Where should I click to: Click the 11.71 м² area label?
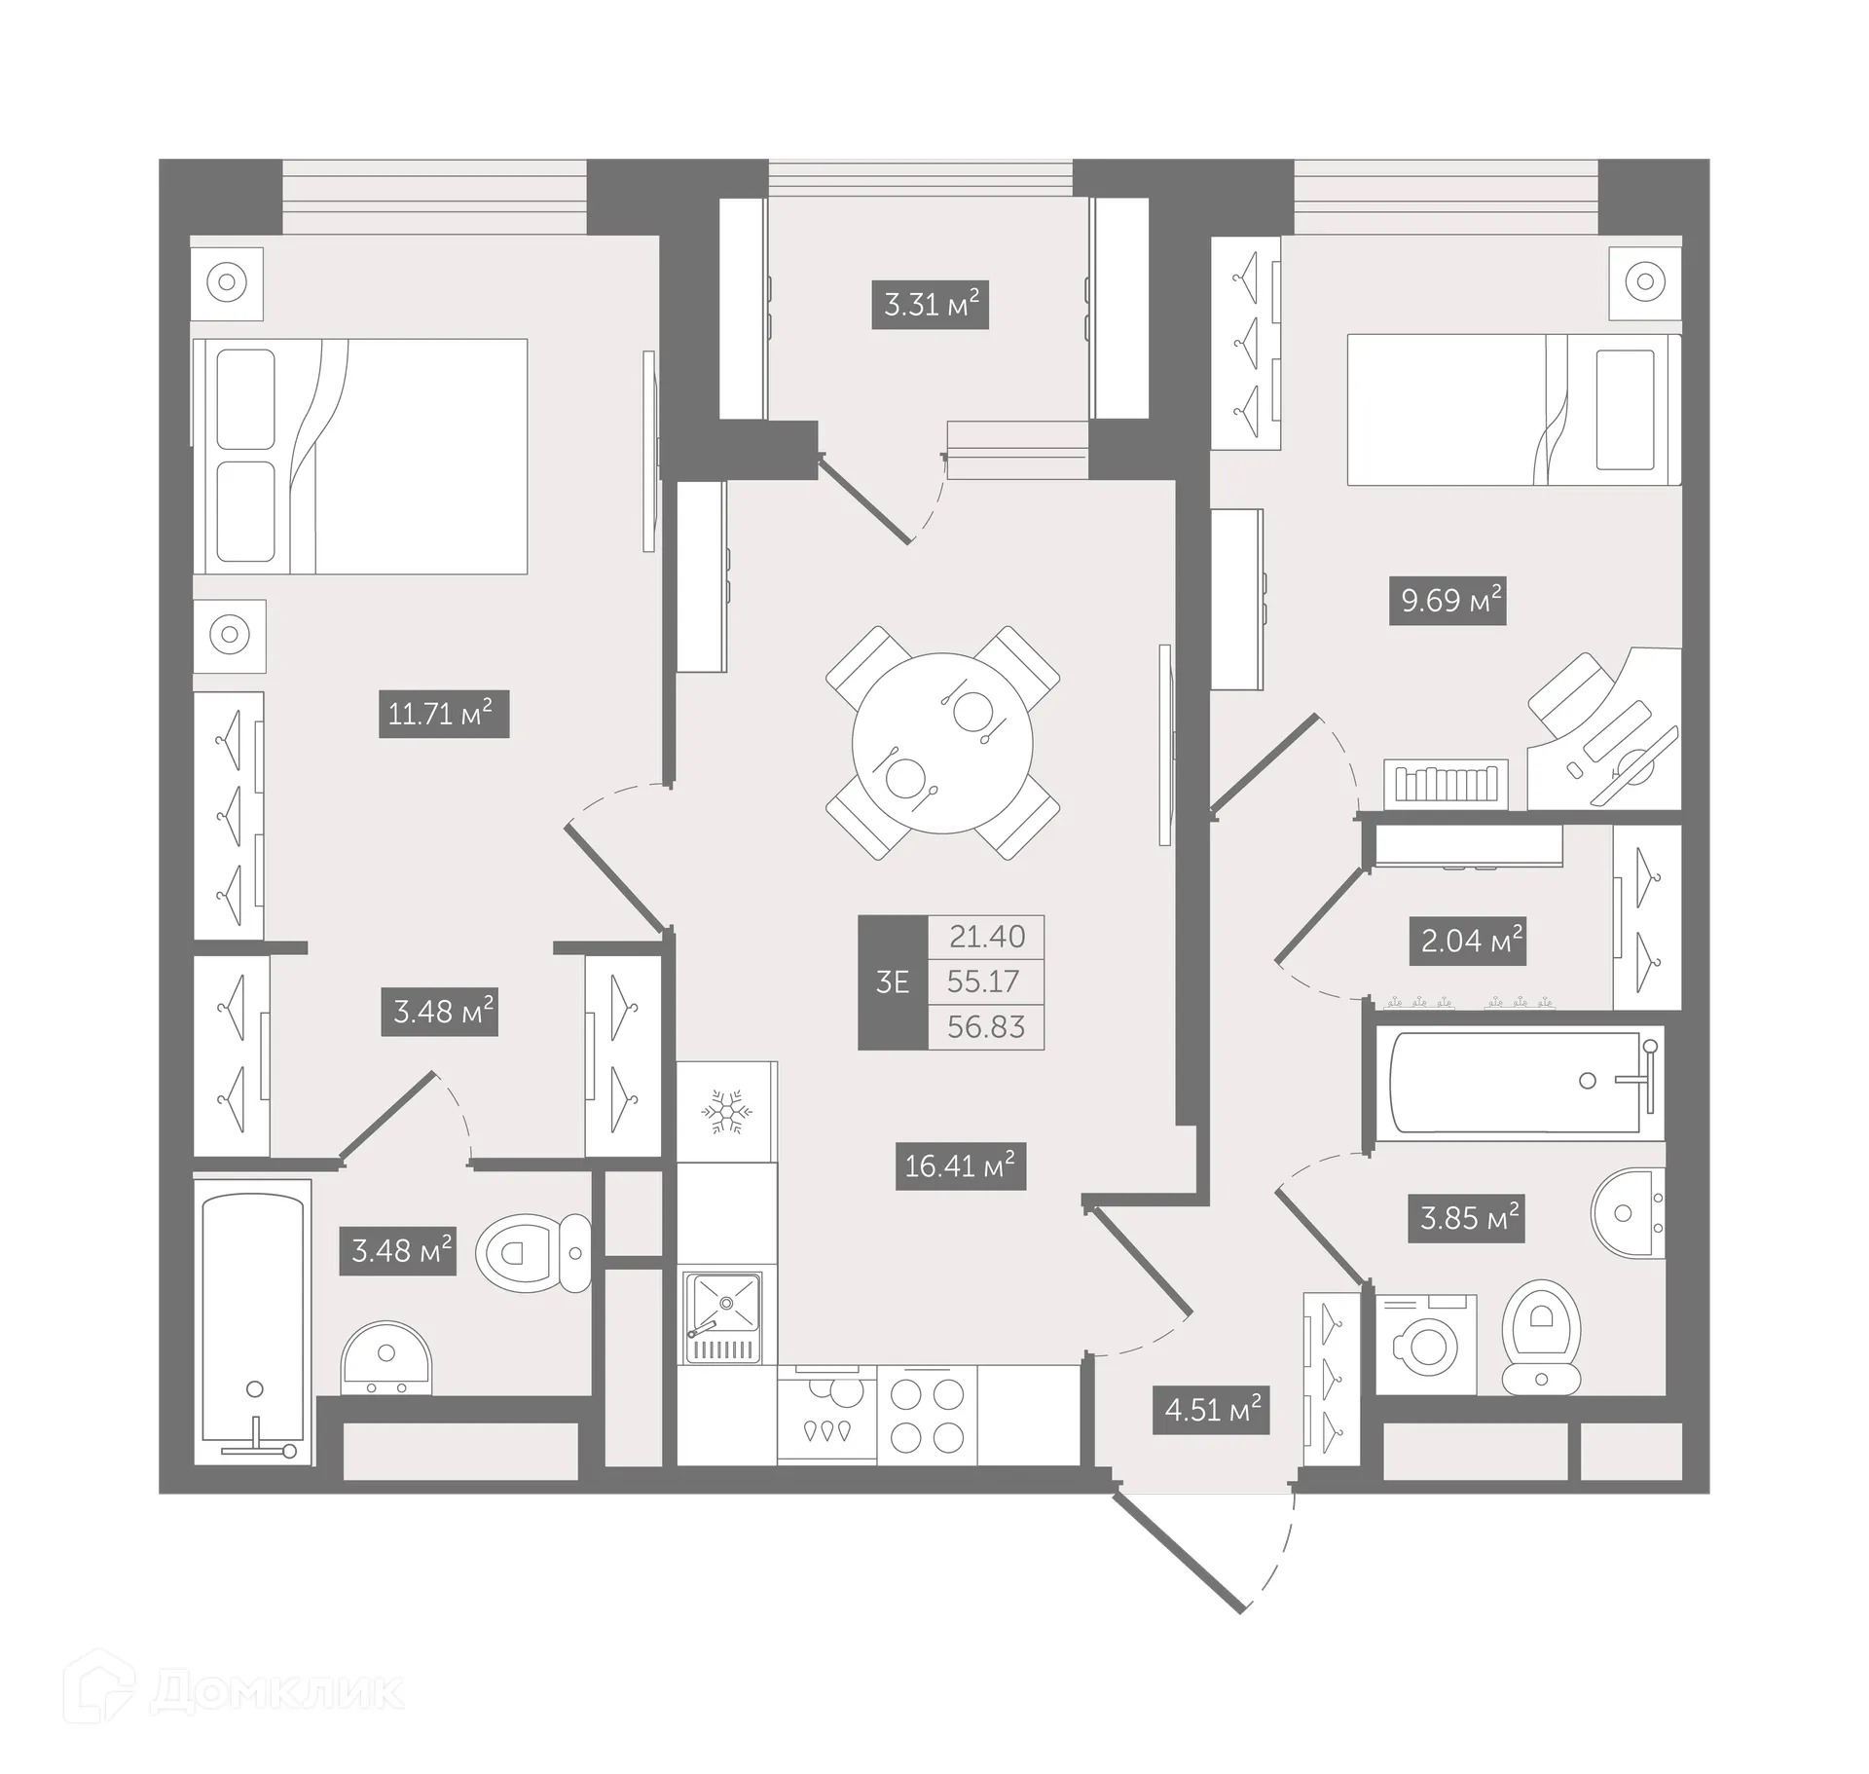click(443, 714)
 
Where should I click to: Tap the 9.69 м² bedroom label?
click(1448, 600)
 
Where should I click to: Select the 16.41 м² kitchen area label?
click(961, 1165)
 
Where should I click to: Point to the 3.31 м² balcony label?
click(930, 304)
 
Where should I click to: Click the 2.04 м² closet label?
click(1467, 941)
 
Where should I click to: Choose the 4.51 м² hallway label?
click(1212, 1409)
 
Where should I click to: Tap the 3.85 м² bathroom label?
click(1466, 1217)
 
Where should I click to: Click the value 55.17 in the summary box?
click(984, 981)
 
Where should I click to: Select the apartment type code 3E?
click(893, 982)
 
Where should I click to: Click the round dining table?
click(941, 743)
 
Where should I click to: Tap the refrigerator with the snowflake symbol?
click(726, 1111)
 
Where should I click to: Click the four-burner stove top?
click(927, 1415)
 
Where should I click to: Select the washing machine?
click(1426, 1345)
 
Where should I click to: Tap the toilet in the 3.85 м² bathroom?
click(1541, 1334)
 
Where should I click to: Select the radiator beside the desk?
click(1445, 784)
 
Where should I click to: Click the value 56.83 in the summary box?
click(984, 1027)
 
